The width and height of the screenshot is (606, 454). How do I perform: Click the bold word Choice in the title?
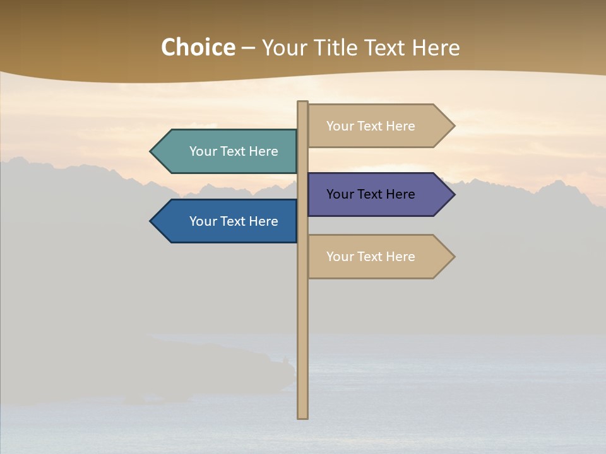pyautogui.click(x=198, y=48)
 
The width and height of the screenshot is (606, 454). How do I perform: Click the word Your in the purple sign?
pyautogui.click(x=339, y=194)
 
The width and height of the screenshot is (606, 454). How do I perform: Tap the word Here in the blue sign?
pyautogui.click(x=263, y=221)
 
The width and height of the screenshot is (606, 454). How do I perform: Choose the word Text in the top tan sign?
pyautogui.click(x=370, y=126)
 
